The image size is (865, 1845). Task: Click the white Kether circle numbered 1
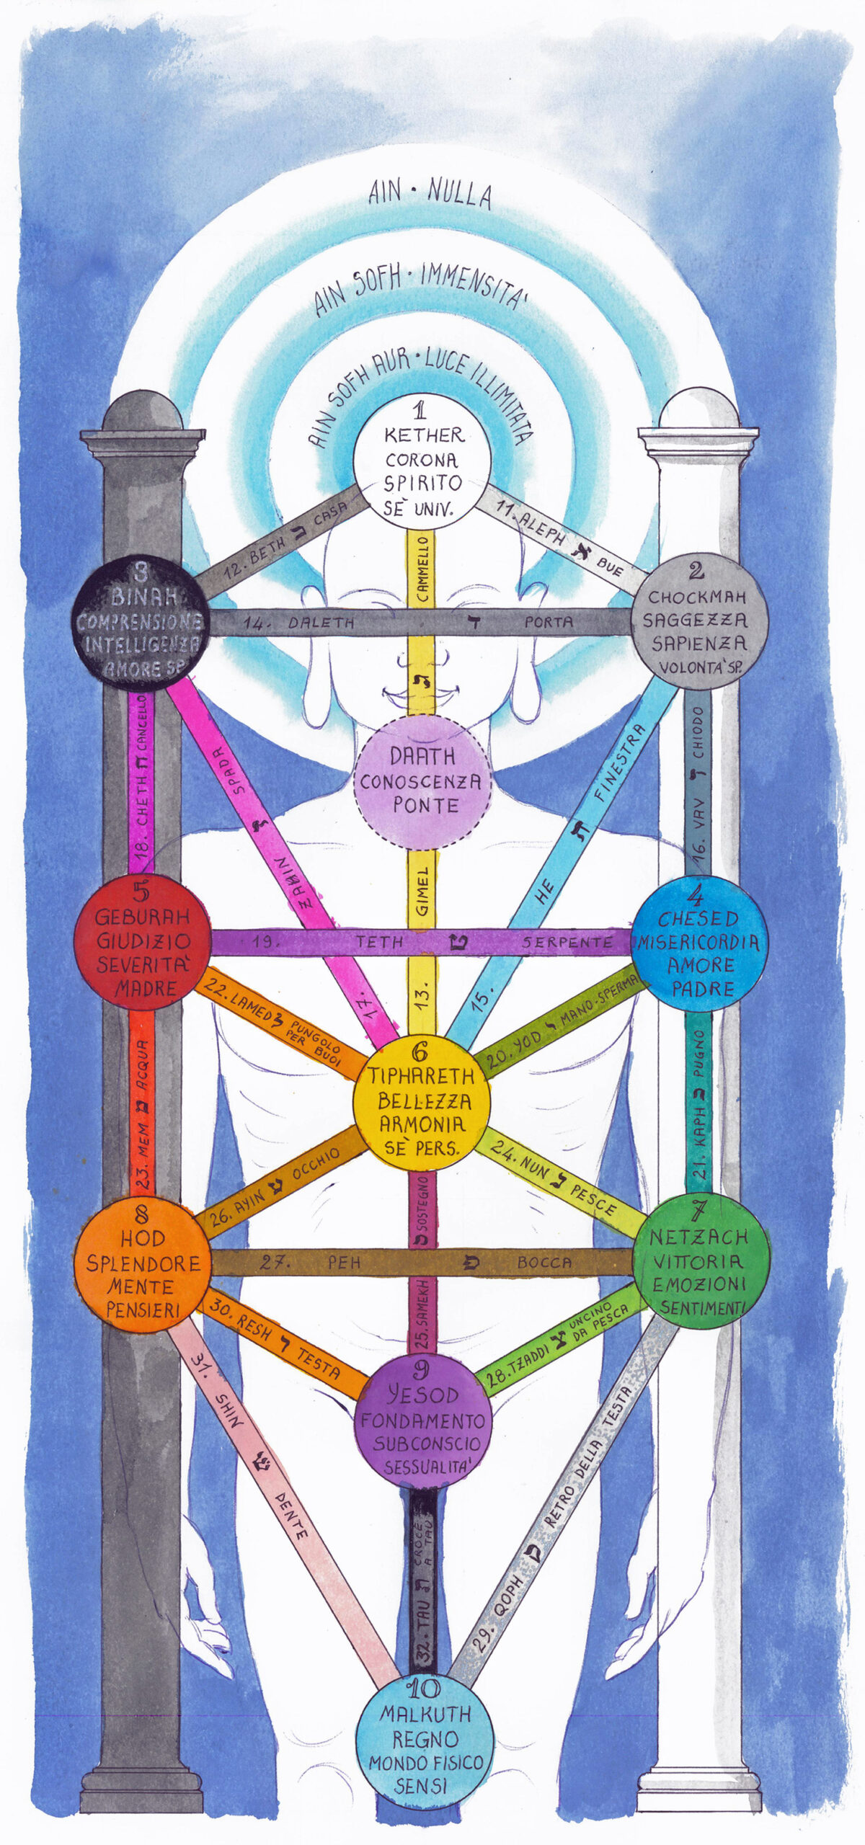[422, 461]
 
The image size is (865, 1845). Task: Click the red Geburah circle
[143, 943]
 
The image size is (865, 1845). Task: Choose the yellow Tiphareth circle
[422, 1103]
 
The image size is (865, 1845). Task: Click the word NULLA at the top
[460, 194]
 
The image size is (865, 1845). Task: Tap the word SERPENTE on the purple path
[568, 942]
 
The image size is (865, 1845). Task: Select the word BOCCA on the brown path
[544, 1263]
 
